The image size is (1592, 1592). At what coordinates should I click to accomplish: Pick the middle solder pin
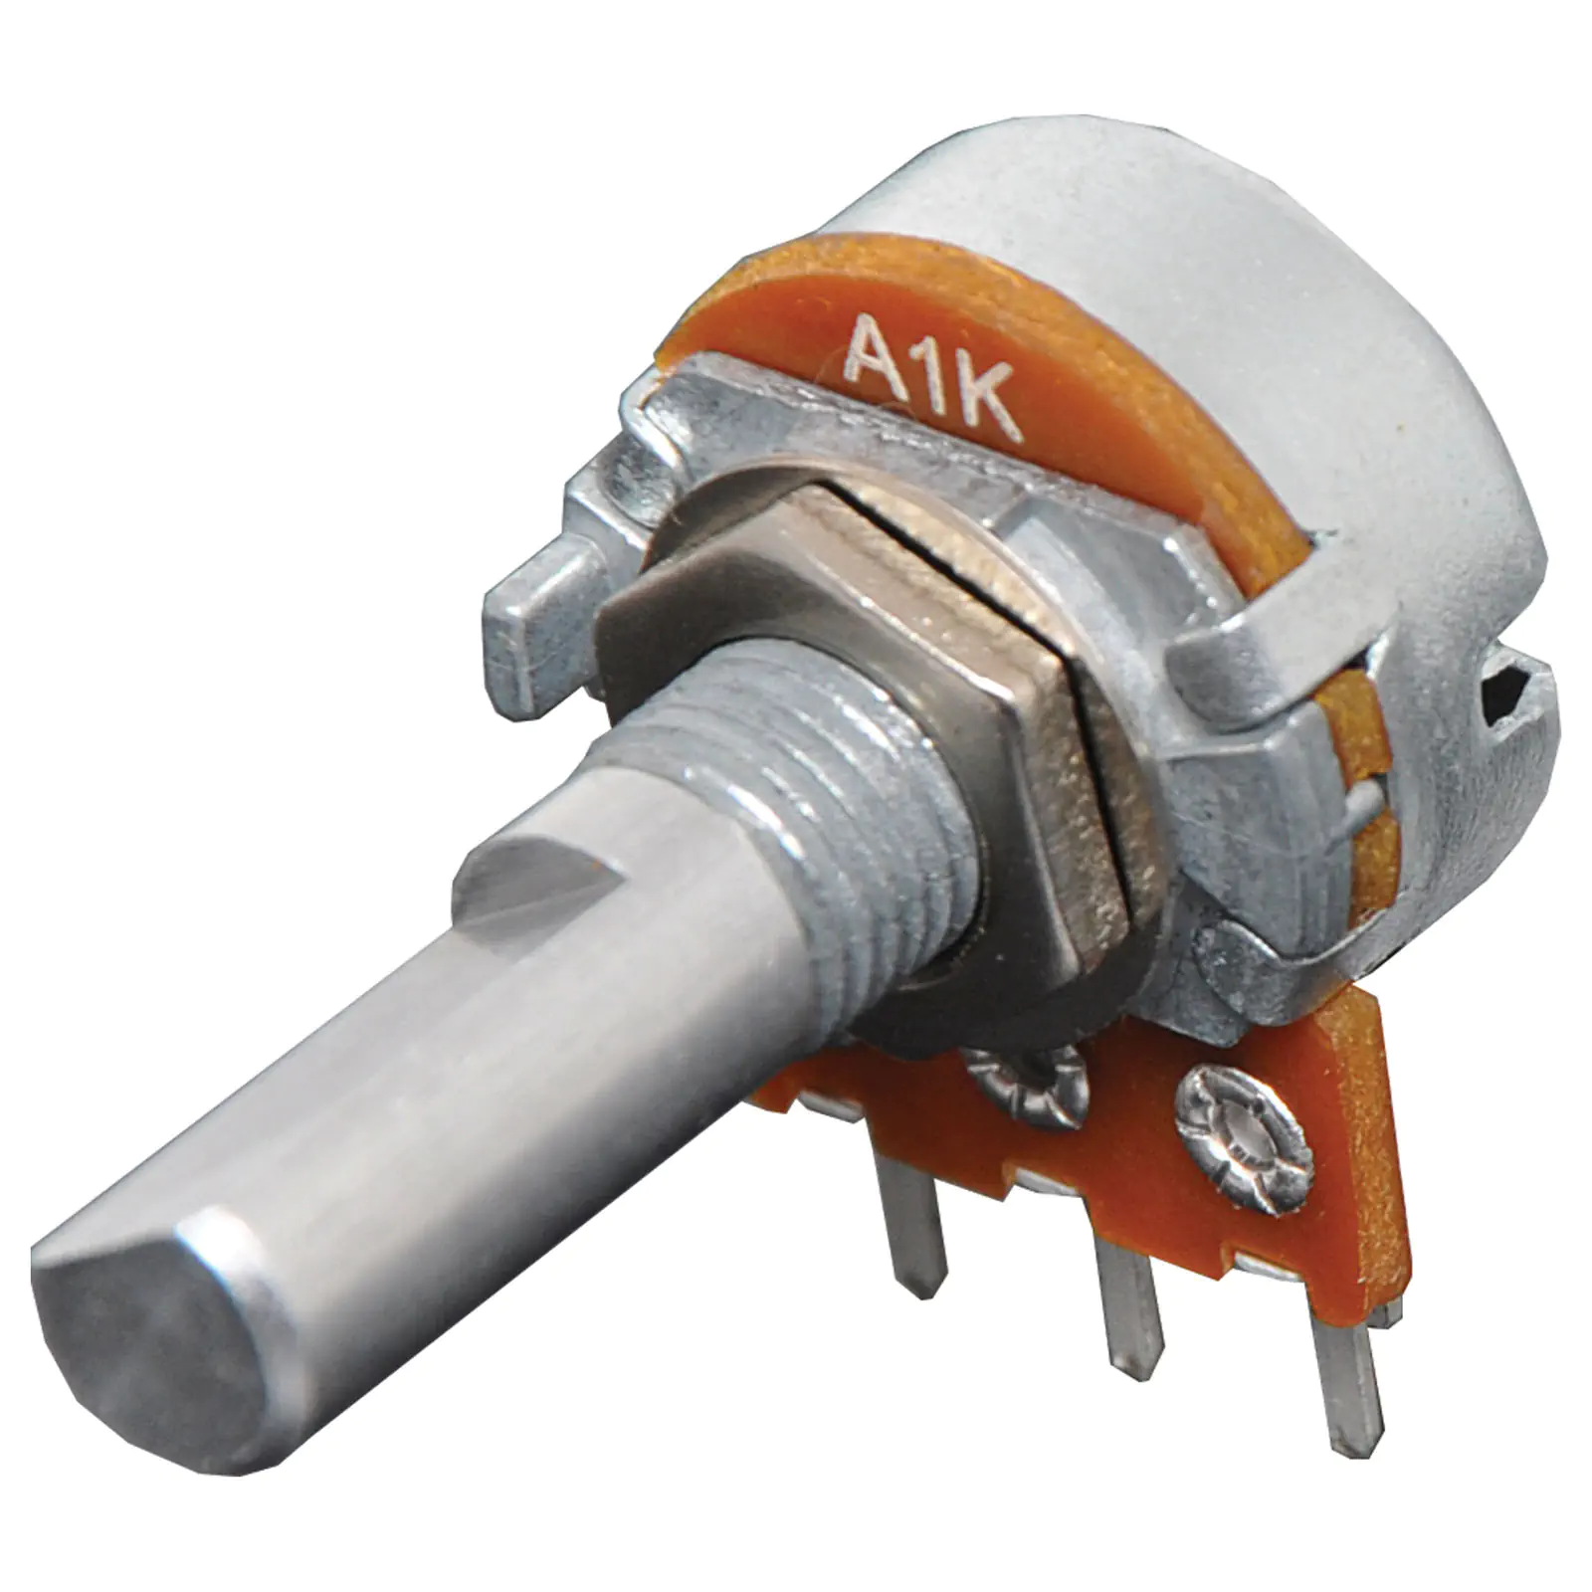pos(1134,1323)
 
